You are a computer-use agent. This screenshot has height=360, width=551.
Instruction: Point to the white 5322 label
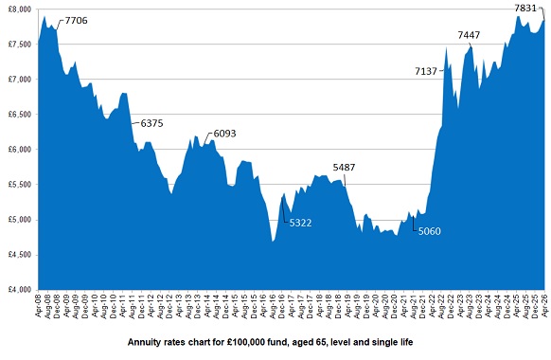click(301, 223)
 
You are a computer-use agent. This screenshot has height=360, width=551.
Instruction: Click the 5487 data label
click(345, 168)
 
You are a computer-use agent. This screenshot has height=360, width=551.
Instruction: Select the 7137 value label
click(426, 71)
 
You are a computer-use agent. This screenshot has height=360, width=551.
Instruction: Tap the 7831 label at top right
click(526, 9)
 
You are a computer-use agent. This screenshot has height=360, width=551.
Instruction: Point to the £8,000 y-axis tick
click(19, 9)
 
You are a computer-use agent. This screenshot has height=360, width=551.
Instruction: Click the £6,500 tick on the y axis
click(19, 114)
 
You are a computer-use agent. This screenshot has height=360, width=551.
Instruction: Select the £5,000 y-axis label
click(19, 219)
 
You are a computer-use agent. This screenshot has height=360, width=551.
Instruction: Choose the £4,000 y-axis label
click(19, 289)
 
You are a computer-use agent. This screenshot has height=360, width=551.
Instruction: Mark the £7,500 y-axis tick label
click(19, 44)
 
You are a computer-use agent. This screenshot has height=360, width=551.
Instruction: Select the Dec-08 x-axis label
click(58, 307)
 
